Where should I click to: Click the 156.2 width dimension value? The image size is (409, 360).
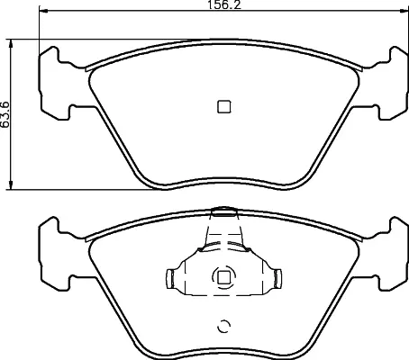pyautogui.click(x=224, y=4)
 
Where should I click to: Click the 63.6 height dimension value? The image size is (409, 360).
pyautogui.click(x=5, y=114)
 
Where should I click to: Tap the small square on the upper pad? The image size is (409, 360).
pyautogui.click(x=224, y=106)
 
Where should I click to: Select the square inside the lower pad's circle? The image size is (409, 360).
pyautogui.click(x=223, y=277)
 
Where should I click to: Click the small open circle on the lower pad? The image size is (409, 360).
pyautogui.click(x=224, y=326)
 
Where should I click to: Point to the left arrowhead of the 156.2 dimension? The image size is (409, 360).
pyautogui.click(x=43, y=11)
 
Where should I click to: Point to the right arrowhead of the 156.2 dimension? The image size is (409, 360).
pyautogui.click(x=404, y=11)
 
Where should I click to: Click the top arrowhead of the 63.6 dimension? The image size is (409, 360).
pyautogui.click(x=11, y=44)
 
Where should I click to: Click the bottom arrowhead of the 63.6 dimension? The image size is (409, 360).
pyautogui.click(x=11, y=184)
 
